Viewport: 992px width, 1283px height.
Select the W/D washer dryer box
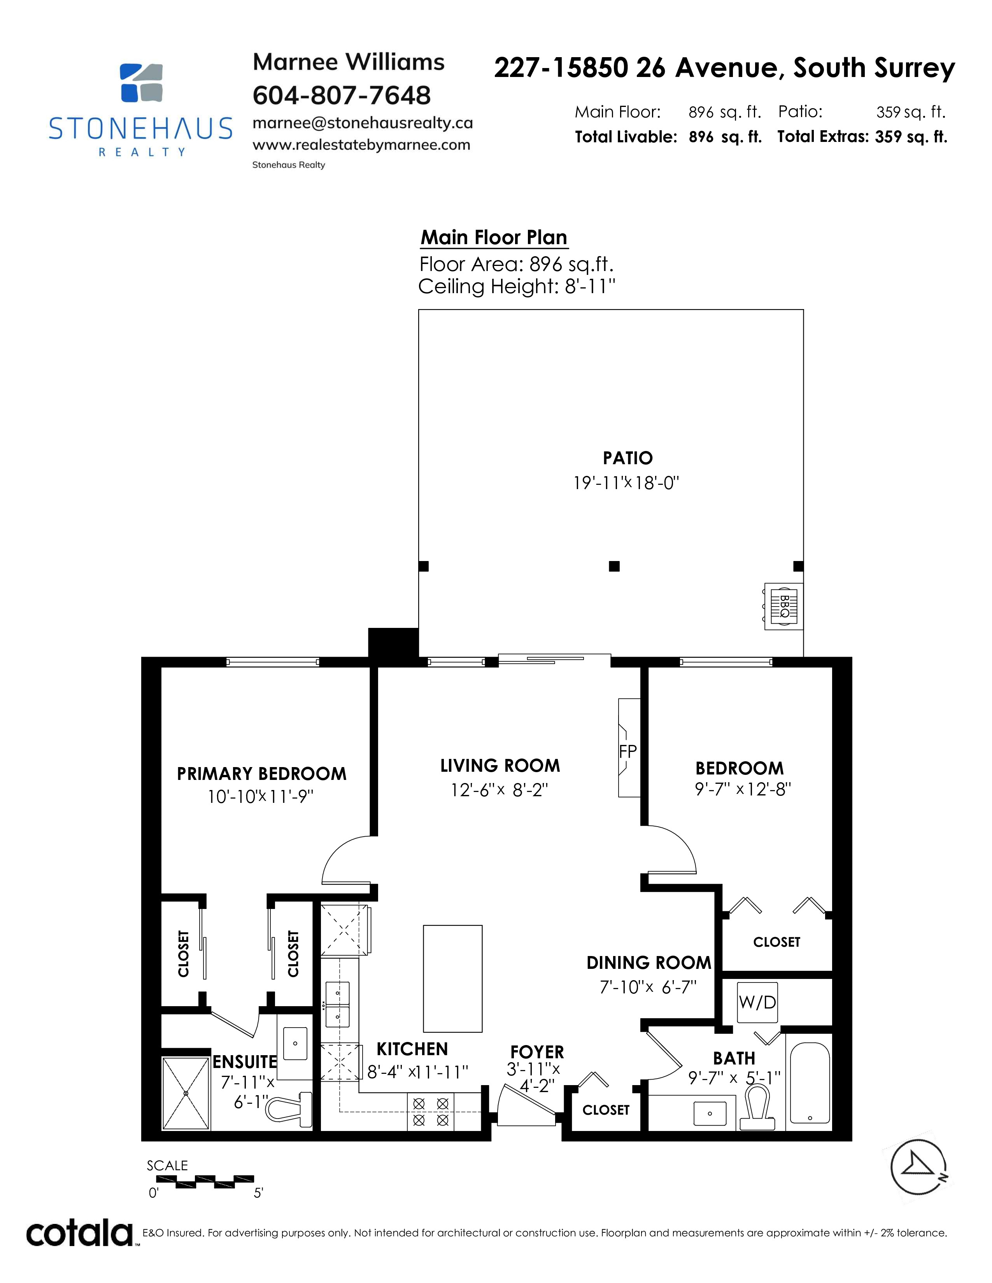pyautogui.click(x=757, y=1002)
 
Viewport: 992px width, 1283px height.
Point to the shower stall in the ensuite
pyautogui.click(x=186, y=1093)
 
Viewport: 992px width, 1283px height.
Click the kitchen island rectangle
pyautogui.click(x=452, y=979)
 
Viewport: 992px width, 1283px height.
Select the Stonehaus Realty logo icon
pyautogui.click(x=141, y=82)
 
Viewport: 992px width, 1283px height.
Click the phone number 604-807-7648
pyautogui.click(x=342, y=95)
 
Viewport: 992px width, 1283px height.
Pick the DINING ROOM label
pyautogui.click(x=649, y=962)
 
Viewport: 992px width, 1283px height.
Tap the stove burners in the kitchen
pyautogui.click(x=431, y=1112)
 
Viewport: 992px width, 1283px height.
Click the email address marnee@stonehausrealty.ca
pyautogui.click(x=363, y=123)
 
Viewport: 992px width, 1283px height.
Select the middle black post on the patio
pyautogui.click(x=614, y=566)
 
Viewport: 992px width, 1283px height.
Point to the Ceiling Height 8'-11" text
pyautogui.click(x=517, y=287)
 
